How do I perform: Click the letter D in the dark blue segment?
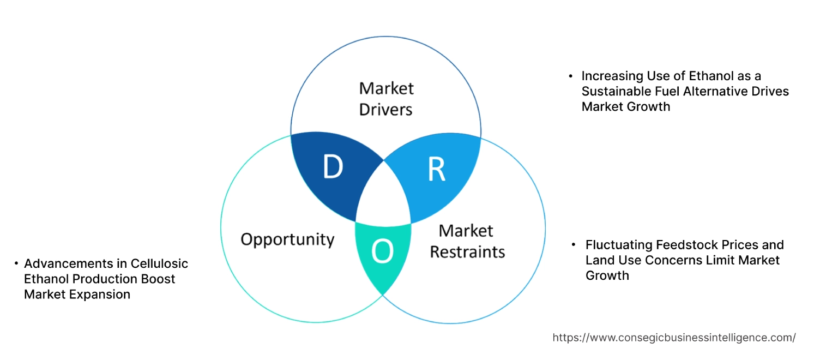pos(332,167)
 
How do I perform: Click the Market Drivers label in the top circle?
pos(386,99)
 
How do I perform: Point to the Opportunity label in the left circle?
pos(287,239)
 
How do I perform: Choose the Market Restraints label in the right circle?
pos(466,241)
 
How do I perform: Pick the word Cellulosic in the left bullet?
pos(159,263)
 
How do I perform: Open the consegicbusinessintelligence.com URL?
pos(674,338)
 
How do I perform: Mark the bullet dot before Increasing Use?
pos(570,76)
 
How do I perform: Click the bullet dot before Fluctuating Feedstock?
pos(574,244)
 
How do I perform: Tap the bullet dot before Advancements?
pos(16,263)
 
